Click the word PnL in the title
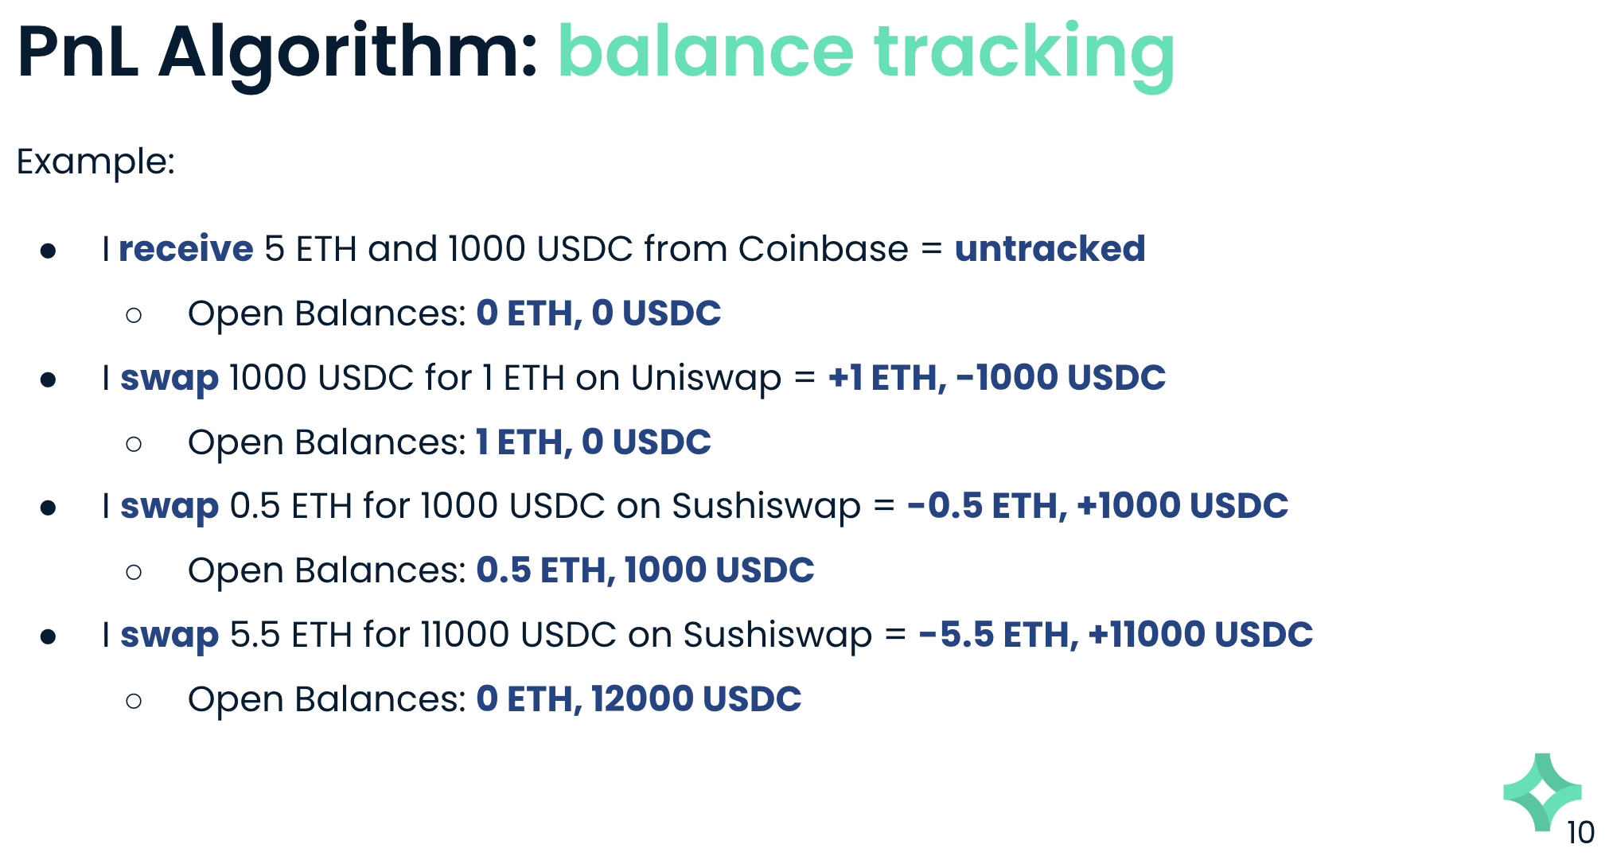78,52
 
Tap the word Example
95,162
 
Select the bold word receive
186,248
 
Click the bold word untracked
1050,248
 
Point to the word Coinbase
823,248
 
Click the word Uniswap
706,379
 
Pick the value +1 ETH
886,377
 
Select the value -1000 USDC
1061,377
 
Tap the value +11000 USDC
1201,635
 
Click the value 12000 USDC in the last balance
696,699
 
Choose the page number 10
1580,833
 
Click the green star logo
1542,792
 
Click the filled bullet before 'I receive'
49,251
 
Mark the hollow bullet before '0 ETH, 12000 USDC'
134,701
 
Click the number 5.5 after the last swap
255,635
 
